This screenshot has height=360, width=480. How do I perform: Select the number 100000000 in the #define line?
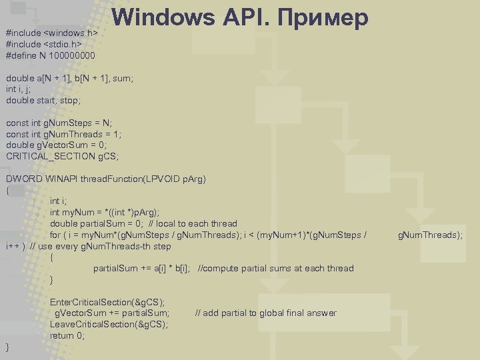click(73, 55)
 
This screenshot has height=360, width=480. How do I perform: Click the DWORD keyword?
click(24, 179)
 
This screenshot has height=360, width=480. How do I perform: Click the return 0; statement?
click(67, 336)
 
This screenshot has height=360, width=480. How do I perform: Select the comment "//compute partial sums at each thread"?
click(276, 268)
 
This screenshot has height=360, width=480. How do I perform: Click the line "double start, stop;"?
click(43, 100)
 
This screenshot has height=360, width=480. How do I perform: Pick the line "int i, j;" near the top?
click(19, 89)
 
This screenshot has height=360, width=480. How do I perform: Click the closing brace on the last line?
click(8, 347)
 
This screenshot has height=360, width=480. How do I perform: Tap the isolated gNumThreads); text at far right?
click(430, 235)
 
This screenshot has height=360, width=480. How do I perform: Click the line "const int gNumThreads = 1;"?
click(64, 133)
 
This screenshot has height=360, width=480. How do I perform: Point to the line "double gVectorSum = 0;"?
click(56, 145)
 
